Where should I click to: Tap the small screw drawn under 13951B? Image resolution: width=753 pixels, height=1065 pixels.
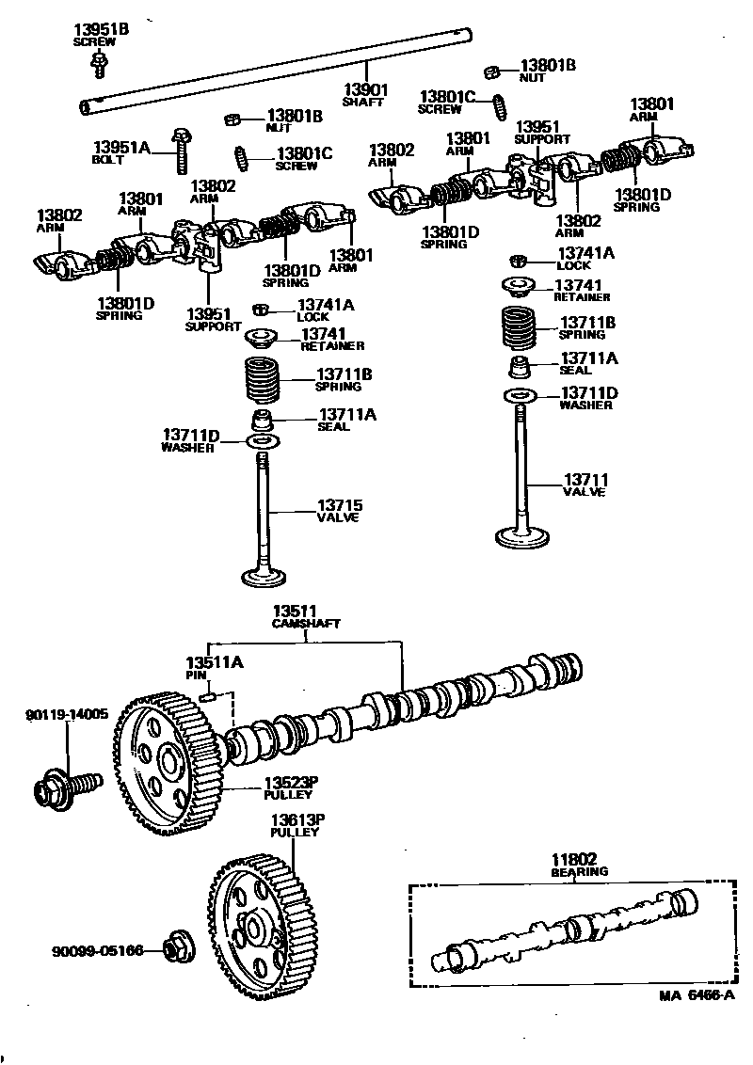pyautogui.click(x=98, y=63)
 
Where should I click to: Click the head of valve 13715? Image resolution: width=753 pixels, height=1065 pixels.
pyautogui.click(x=266, y=575)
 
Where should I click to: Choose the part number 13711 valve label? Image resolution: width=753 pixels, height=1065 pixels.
pyautogui.click(x=585, y=479)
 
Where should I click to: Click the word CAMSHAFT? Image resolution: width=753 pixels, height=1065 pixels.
pyautogui.click(x=306, y=623)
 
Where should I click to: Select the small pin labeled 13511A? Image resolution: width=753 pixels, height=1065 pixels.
pyautogui.click(x=210, y=697)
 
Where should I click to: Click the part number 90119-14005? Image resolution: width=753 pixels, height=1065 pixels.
pyautogui.click(x=67, y=714)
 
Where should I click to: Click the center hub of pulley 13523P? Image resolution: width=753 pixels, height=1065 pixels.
pyautogui.click(x=170, y=758)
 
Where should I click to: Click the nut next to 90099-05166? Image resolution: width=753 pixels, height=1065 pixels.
pyautogui.click(x=174, y=949)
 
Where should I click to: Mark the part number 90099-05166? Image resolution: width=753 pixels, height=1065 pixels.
pyautogui.click(x=97, y=951)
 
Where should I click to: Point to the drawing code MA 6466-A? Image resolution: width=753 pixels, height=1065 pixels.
pyautogui.click(x=696, y=994)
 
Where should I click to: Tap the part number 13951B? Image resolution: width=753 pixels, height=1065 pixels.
pyautogui.click(x=101, y=30)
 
